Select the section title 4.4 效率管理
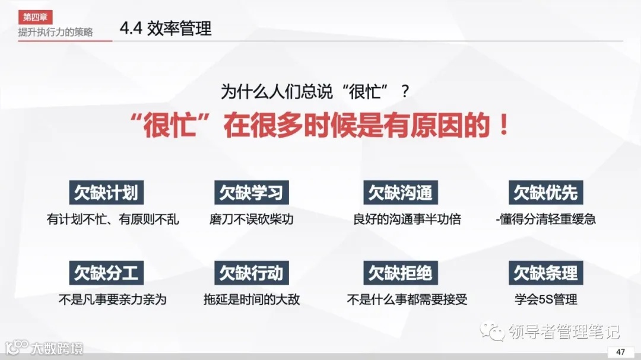tap(166, 28)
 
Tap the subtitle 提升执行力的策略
tap(55, 32)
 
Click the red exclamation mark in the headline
tap(504, 126)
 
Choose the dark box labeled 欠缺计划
tap(106, 193)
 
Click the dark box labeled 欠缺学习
tap(251, 193)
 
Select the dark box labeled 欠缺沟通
tap(400, 193)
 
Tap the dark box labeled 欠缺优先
tap(545, 193)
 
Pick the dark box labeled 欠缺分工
tap(106, 273)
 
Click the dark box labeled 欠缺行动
tap(251, 273)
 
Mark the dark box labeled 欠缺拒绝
tap(400, 273)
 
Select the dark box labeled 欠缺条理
tap(545, 273)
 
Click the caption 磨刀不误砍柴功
tap(251, 219)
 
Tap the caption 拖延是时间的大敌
tap(251, 300)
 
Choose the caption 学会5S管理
tap(545, 300)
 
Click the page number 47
tap(620, 352)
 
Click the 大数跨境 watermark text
tap(57, 348)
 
